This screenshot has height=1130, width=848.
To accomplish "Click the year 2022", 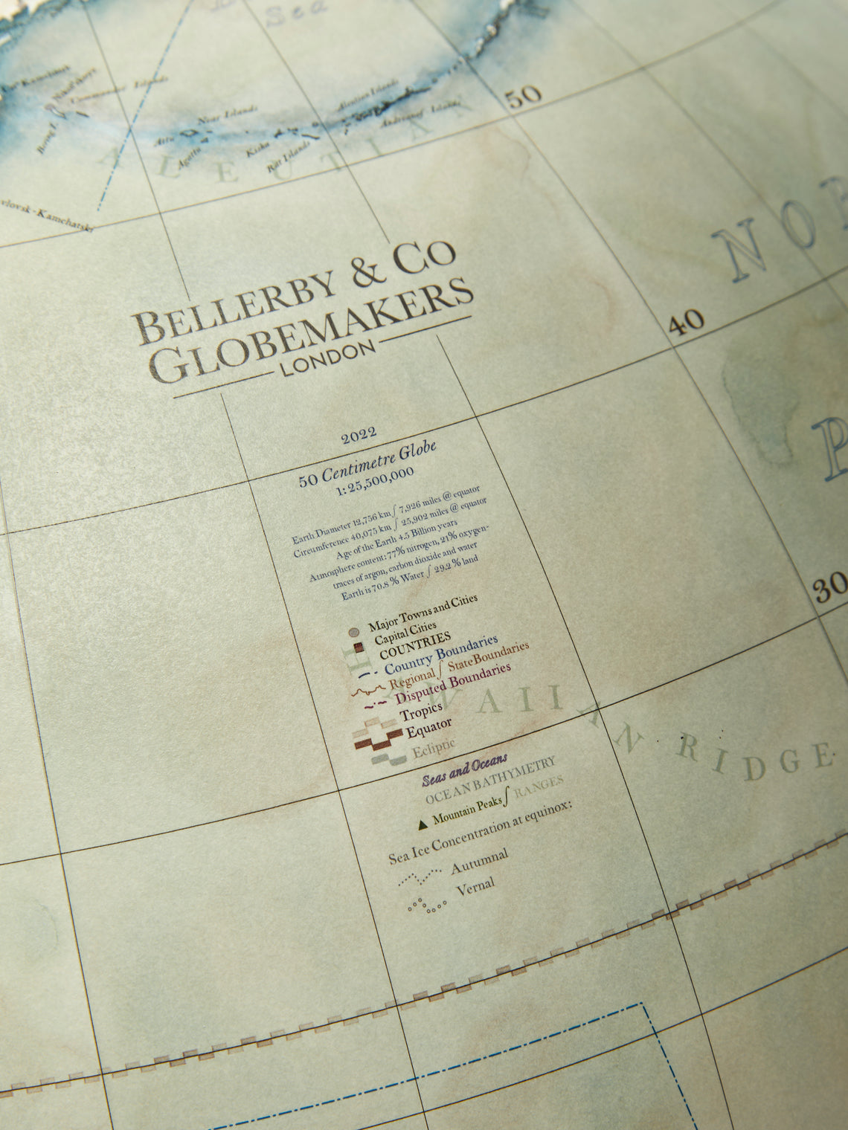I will tap(359, 436).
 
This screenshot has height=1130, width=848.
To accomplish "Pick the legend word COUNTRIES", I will tap(414, 644).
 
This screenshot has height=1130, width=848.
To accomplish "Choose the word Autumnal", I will tap(479, 864).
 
